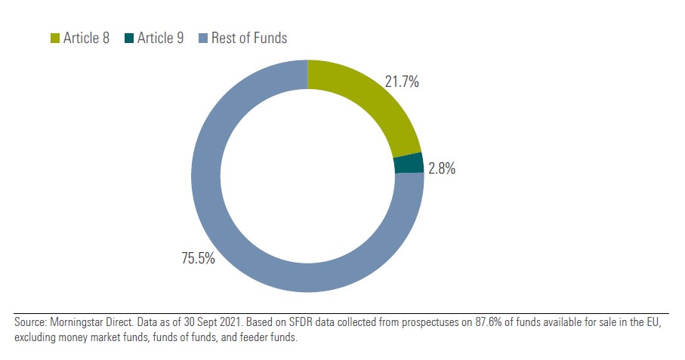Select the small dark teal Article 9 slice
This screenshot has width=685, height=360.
coord(409,163)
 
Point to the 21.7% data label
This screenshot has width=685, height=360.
coord(402,82)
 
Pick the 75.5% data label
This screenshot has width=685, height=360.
coord(198,259)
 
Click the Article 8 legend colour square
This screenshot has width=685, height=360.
coord(54,38)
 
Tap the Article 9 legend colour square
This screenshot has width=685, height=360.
coord(129,38)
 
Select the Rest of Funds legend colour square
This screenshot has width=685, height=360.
coord(202,38)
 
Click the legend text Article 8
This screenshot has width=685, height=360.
coord(85,38)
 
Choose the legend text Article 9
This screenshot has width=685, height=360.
coord(159,38)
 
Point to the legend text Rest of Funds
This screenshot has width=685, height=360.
coord(249,38)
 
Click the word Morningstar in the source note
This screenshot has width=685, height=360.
coord(76,323)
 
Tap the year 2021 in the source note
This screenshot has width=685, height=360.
coord(230,323)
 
